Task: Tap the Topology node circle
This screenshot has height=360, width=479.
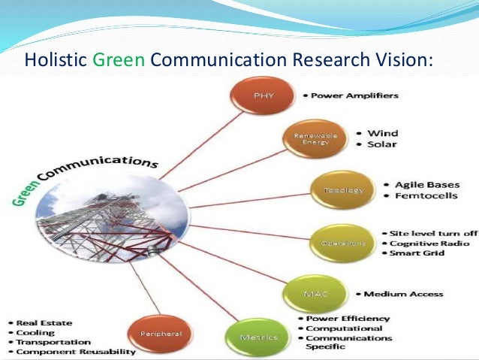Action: pos(333,190)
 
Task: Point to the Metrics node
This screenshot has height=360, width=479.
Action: pos(258,336)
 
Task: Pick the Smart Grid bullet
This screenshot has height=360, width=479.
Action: pos(420,253)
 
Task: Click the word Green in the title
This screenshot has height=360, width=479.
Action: pos(119,59)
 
